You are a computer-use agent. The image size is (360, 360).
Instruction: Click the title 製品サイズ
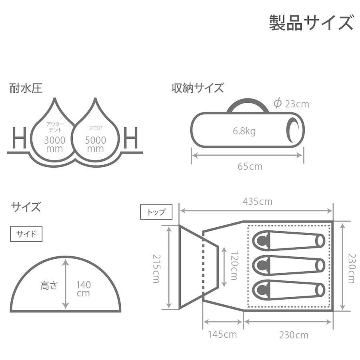pos(311,23)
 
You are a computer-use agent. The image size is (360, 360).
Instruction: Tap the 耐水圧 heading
pos(26,88)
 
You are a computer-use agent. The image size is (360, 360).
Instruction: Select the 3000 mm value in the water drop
pos(55,144)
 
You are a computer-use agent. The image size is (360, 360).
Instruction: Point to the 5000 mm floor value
pos(96,144)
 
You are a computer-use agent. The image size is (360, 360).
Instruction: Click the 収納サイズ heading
pos(198,88)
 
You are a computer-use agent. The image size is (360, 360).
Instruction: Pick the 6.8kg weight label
pos(244,131)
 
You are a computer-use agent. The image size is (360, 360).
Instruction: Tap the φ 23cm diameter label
pos(291,104)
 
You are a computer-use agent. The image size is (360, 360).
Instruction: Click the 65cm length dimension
pos(250,166)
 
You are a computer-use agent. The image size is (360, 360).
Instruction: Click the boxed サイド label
pos(26,234)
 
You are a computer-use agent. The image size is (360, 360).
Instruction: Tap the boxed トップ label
pos(156,212)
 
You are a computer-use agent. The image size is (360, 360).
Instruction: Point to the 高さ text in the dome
pos(48,285)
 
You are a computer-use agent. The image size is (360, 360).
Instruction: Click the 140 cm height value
pos(83,289)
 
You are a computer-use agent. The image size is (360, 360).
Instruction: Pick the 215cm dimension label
pos(156,268)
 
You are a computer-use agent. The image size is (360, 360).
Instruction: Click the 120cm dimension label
pos(234,266)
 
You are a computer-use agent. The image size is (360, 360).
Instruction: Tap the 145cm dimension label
pos(222,334)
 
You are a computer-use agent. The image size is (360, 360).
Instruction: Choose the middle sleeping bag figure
pos(288,266)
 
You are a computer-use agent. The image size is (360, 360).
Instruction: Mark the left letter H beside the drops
pos(19,138)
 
